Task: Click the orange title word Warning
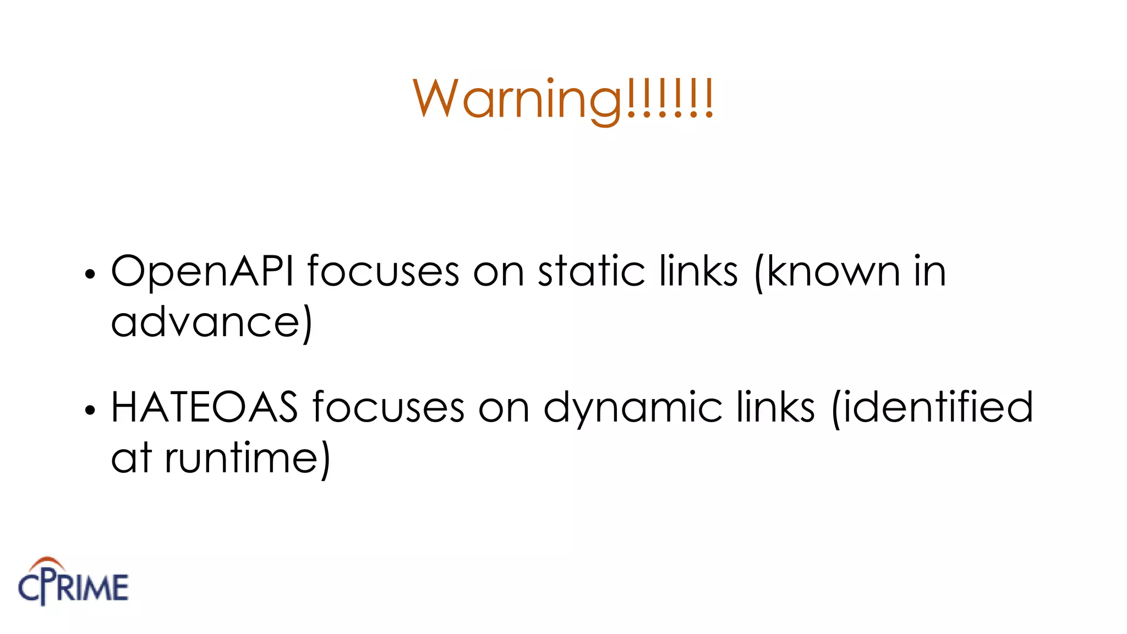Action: point(563,100)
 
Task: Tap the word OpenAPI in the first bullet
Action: point(202,271)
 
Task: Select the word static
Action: point(591,271)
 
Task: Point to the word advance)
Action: point(211,323)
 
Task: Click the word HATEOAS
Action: point(204,407)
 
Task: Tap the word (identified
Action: point(932,407)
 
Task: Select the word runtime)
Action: point(248,459)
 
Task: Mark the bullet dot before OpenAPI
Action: point(90,274)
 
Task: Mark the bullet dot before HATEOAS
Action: point(90,410)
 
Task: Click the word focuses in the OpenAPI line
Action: point(383,271)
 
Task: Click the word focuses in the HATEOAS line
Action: point(389,407)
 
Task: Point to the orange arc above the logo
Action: point(47,562)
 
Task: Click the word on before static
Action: point(499,272)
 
